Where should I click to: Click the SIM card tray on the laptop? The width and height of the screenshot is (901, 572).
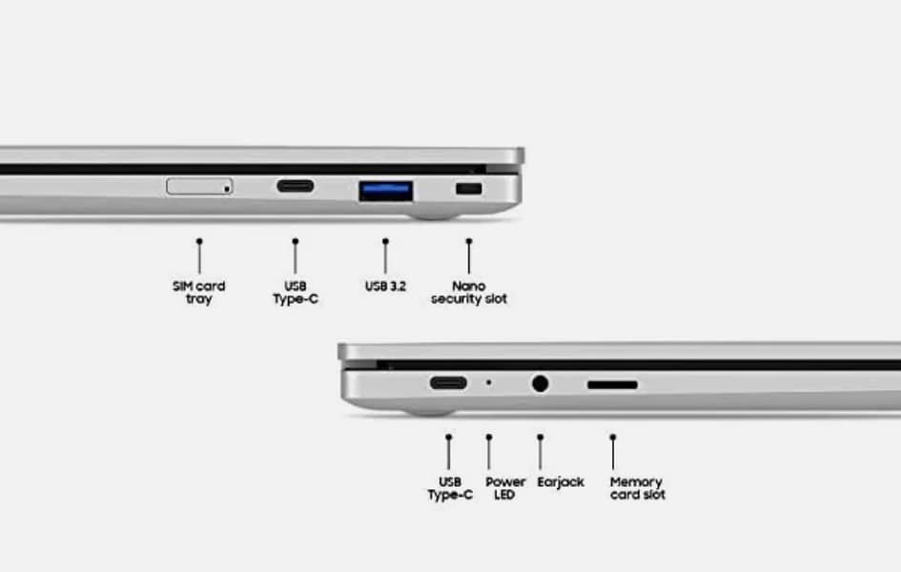coord(199,186)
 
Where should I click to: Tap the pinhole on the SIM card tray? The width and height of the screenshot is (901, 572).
coord(227,189)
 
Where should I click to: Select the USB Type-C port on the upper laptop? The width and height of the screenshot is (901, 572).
coord(296,186)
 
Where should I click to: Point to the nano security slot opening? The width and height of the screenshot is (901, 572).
coord(469,189)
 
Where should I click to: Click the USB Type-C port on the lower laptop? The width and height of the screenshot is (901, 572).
coord(448,382)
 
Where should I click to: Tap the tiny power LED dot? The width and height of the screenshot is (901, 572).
coord(489,382)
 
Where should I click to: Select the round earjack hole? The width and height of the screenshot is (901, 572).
coord(541,383)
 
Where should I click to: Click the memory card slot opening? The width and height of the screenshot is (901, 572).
coord(612,385)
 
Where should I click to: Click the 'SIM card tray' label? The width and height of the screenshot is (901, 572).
coord(199,293)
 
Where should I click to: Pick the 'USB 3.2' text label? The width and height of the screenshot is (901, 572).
coord(385,286)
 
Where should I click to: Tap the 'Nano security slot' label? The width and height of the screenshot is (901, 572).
coord(469,293)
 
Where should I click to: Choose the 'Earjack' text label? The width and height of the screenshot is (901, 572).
coord(561,481)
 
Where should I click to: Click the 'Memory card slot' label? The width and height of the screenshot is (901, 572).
coord(637,488)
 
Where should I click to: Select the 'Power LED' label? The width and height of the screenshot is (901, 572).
coord(505,488)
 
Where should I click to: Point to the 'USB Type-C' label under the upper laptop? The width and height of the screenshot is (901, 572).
coord(296,293)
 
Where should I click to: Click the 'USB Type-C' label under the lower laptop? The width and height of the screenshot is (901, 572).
coord(450,488)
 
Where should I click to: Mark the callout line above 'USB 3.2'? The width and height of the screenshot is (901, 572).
coord(385,256)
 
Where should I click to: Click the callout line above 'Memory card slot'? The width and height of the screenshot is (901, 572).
coord(613,452)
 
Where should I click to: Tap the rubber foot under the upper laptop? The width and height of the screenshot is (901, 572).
coord(435,216)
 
